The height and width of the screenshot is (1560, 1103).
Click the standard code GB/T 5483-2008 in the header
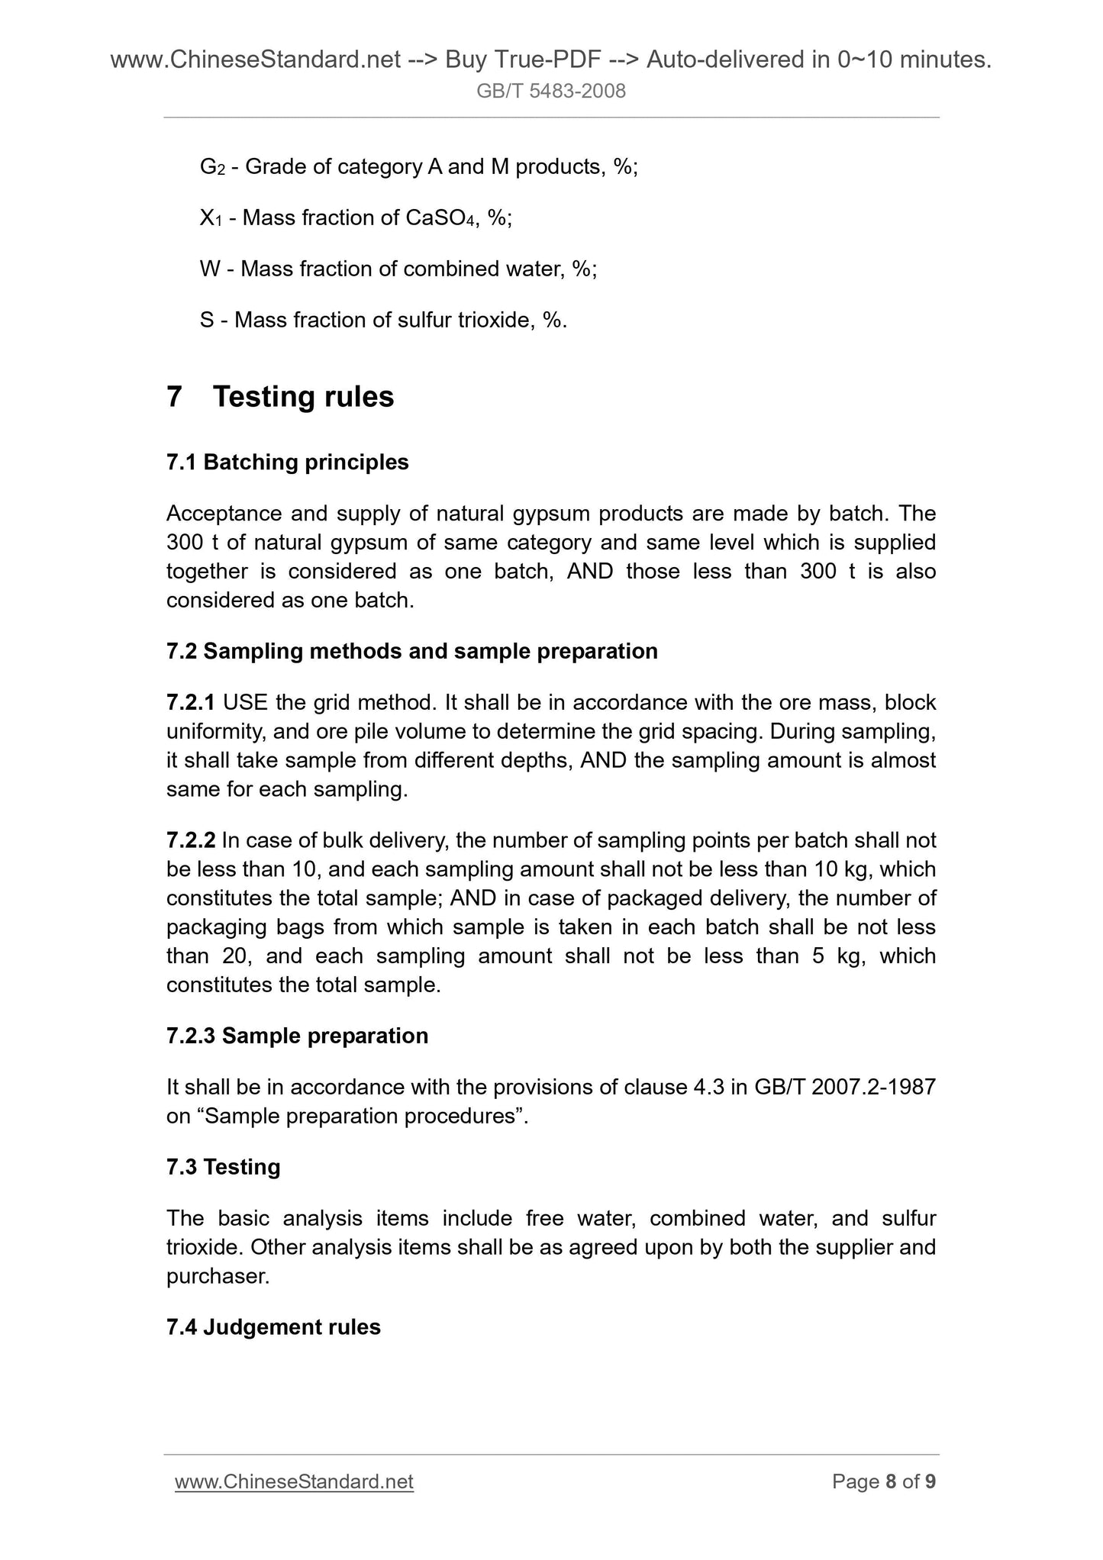550,92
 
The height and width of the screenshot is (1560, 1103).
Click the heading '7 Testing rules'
280,397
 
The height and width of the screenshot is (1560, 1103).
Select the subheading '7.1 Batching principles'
287,463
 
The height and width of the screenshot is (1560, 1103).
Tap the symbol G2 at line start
211,167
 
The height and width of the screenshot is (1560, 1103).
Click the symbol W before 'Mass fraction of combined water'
209,269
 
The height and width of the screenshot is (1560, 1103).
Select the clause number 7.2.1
191,702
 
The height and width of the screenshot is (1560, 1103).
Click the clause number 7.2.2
191,840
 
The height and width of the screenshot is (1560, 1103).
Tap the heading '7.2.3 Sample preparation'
297,1036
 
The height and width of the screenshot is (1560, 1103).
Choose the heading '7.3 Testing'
223,1167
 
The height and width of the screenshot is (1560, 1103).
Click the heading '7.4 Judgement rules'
273,1327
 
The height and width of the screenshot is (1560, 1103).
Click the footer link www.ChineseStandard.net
294,1481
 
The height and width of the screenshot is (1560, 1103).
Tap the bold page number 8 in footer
890,1481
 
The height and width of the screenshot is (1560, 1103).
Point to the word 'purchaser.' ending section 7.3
218,1276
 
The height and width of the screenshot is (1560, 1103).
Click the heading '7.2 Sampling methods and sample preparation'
411,651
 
